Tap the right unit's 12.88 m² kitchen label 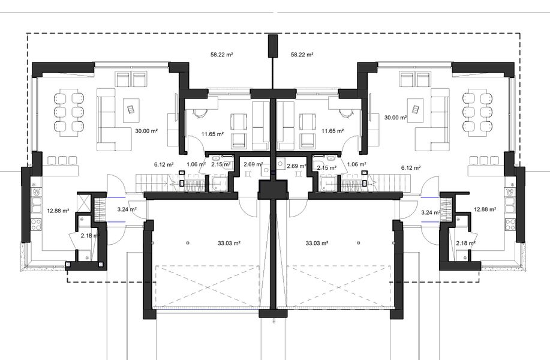[x=484, y=209]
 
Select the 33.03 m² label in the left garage [x=229, y=243]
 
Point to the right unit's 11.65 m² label [x=332, y=131]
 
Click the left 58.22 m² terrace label [x=221, y=54]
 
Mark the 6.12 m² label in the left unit [x=164, y=164]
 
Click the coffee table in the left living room [x=130, y=109]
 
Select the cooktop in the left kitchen [x=35, y=224]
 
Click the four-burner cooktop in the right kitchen [x=510, y=224]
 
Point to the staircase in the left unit [x=154, y=181]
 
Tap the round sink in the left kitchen [x=38, y=193]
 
